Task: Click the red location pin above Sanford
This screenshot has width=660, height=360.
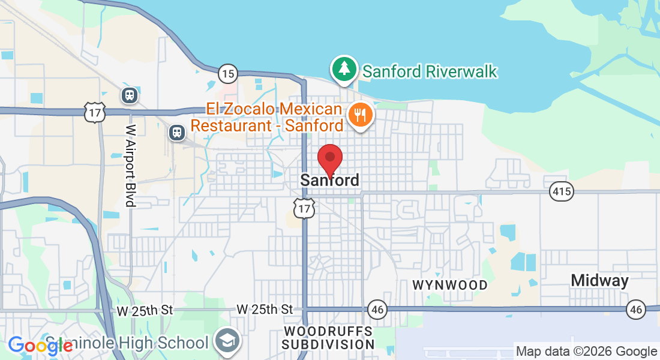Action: click(x=329, y=158)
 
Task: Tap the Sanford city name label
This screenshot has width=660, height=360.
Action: click(x=330, y=180)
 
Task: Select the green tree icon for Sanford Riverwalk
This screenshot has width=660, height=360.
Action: click(x=344, y=69)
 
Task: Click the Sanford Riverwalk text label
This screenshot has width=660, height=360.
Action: click(x=430, y=72)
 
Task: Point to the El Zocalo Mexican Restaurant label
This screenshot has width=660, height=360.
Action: click(x=275, y=118)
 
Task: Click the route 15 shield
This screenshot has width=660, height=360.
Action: click(x=227, y=74)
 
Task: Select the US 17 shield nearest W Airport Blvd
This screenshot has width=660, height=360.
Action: click(x=95, y=112)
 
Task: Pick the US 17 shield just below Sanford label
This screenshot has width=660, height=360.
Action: click(x=305, y=208)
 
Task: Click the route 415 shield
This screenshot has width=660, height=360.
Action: click(x=561, y=192)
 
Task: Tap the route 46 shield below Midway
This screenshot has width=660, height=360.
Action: click(x=636, y=310)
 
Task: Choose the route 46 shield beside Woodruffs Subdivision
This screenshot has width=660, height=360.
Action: click(x=377, y=310)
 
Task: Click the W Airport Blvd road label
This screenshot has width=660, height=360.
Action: click(x=130, y=166)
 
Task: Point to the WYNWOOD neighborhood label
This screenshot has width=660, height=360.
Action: click(x=450, y=285)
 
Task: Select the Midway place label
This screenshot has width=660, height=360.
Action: click(x=599, y=280)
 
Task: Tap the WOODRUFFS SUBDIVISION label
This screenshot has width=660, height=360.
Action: click(x=328, y=338)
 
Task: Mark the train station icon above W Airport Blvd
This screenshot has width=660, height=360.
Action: click(x=129, y=95)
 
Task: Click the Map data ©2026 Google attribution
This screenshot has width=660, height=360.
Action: click(x=586, y=352)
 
